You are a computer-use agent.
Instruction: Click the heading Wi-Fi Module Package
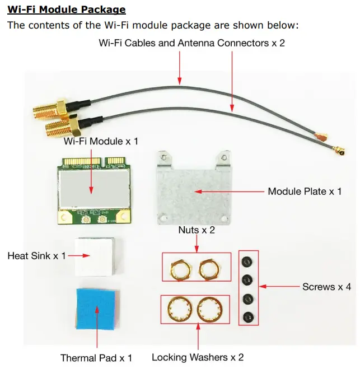pos(66,10)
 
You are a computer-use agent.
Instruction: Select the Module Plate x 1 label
pos(305,191)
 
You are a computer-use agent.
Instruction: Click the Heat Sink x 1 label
pos(36,256)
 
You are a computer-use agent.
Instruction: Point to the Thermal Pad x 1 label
pos(96,357)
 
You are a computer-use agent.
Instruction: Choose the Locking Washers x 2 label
pos(198,357)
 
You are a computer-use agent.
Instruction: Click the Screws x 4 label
pos(326,287)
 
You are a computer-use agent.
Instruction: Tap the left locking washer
pos(181,309)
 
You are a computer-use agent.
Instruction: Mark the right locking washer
pos(210,309)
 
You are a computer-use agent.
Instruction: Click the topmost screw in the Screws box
pos(247,261)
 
